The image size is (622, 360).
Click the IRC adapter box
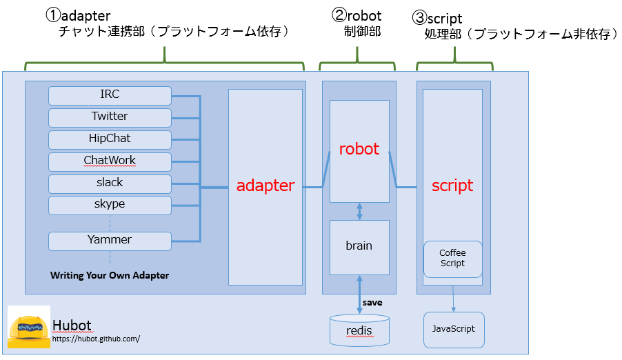pyautogui.click(x=110, y=96)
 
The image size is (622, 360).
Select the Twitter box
pyautogui.click(x=110, y=118)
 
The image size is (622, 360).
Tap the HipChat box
pyautogui.click(x=110, y=140)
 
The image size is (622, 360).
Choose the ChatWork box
pyautogui.click(x=110, y=162)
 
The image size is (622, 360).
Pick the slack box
pyautogui.click(x=110, y=183)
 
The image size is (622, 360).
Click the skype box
pyautogui.click(x=110, y=206)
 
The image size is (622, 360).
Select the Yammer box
pyautogui.click(x=110, y=241)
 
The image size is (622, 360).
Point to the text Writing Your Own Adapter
pyautogui.click(x=110, y=275)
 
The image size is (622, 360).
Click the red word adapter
pyautogui.click(x=265, y=186)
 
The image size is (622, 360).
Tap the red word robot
pyautogui.click(x=359, y=149)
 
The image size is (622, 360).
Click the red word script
pyautogui.click(x=452, y=186)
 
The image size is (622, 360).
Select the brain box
pyautogui.click(x=359, y=248)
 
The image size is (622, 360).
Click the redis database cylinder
pyautogui.click(x=359, y=330)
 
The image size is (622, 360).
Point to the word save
pyautogui.click(x=372, y=303)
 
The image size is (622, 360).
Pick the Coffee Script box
pyautogui.click(x=452, y=259)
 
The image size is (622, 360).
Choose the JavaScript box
pyautogui.click(x=454, y=330)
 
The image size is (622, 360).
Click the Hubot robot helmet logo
pyautogui.click(x=29, y=327)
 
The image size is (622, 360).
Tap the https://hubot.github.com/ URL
pyautogui.click(x=96, y=339)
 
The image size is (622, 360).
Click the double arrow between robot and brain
pyautogui.click(x=359, y=212)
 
